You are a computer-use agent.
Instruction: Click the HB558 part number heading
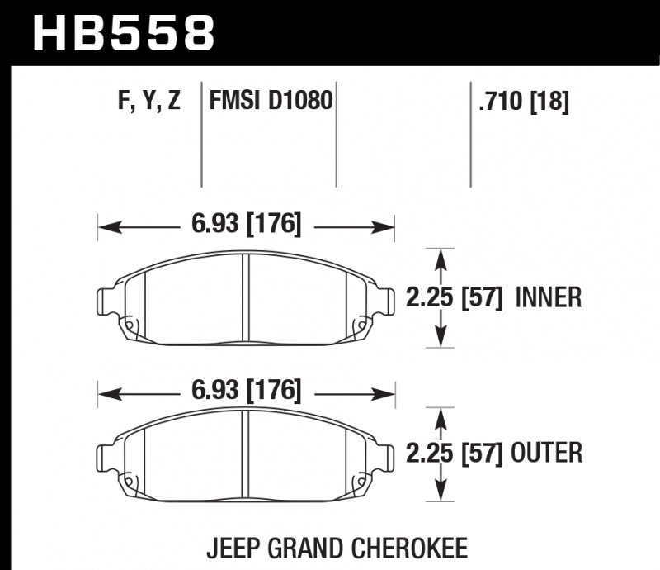tap(124, 33)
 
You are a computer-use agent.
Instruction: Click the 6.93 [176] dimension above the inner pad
tap(247, 224)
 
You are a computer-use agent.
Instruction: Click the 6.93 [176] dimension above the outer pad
tap(247, 389)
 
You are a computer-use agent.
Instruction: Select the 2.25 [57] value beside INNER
tap(455, 297)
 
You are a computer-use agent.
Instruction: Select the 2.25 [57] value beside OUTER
tap(455, 453)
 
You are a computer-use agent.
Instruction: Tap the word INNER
tap(549, 297)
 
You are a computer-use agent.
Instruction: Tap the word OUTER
tap(548, 453)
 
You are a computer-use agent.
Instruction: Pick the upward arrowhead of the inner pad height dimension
tap(441, 256)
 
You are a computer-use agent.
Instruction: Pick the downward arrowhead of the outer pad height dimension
tap(441, 493)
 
